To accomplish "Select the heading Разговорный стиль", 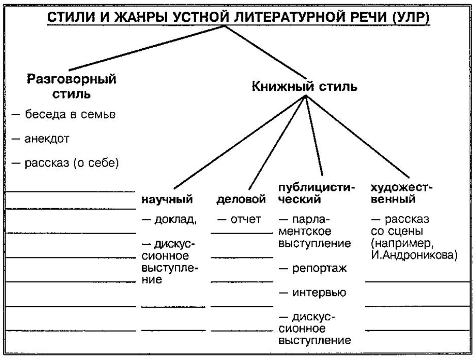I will (x=72, y=86).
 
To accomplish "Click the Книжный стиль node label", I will (x=304, y=86).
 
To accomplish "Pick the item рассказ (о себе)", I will (x=66, y=163).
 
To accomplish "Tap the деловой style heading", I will (x=241, y=200).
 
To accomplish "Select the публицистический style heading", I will (x=315, y=193).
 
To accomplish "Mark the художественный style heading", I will (x=401, y=193).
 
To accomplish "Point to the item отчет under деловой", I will (x=239, y=219).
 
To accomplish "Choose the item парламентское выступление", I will (x=314, y=232).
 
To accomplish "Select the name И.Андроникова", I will (x=414, y=256).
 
